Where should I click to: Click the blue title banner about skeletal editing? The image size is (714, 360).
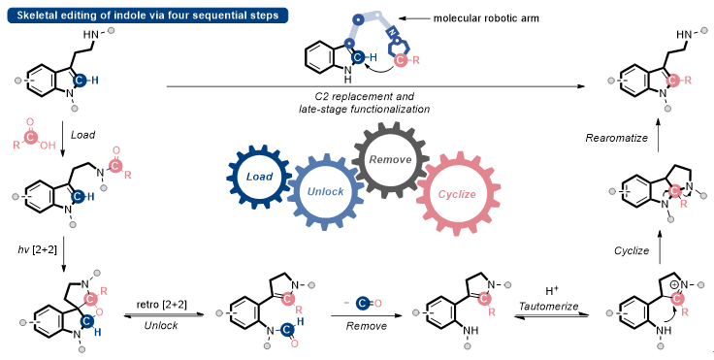pyautogui.click(x=147, y=16)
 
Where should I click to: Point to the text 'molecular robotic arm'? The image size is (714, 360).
pyautogui.click(x=486, y=18)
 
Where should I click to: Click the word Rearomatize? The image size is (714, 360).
pyautogui.click(x=616, y=138)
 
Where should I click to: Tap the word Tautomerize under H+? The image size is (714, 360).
pyautogui.click(x=548, y=306)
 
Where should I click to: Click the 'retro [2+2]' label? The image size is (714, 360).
pyautogui.click(x=162, y=304)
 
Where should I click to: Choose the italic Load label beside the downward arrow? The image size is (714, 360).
pyautogui.click(x=82, y=135)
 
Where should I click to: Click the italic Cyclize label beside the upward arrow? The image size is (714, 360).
pyautogui.click(x=632, y=250)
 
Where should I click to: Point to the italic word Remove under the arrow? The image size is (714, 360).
pyautogui.click(x=366, y=326)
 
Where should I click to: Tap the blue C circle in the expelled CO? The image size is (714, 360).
pyautogui.click(x=363, y=303)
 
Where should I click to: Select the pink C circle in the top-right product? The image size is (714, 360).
pyautogui.click(x=672, y=81)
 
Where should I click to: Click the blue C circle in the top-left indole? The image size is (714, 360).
pyautogui.click(x=80, y=81)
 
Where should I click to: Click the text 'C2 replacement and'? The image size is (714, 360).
pyautogui.click(x=365, y=97)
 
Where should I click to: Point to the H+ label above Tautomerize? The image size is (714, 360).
pyautogui.click(x=552, y=291)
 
